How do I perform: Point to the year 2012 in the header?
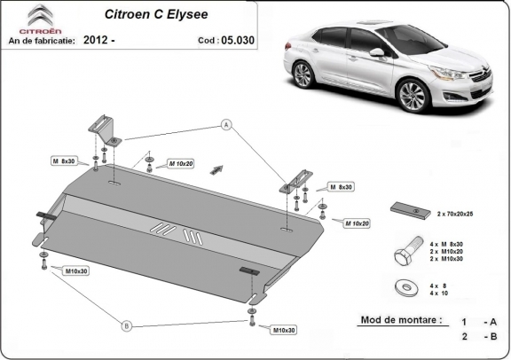coord(99,41)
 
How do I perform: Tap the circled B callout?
coord(126,326)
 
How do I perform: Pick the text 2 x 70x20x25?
coord(454,214)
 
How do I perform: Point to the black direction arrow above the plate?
coord(215,168)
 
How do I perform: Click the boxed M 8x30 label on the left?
coord(65,161)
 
